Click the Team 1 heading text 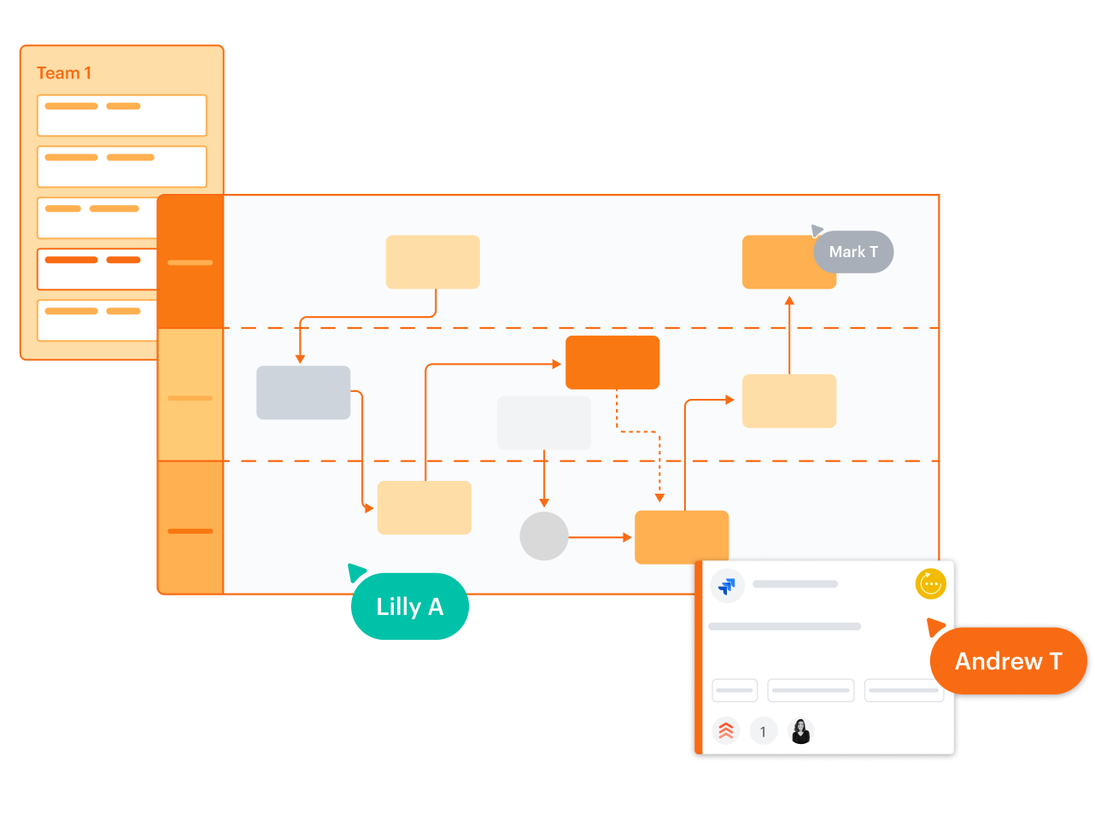(x=64, y=73)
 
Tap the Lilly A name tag (x=410, y=606)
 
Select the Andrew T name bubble (x=1008, y=661)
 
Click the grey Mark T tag (x=853, y=252)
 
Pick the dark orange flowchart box (x=612, y=362)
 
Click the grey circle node (x=544, y=536)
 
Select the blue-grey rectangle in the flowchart (x=303, y=392)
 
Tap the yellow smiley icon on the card (x=930, y=584)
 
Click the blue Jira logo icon (x=728, y=586)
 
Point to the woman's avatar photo (x=801, y=731)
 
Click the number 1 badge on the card (x=763, y=732)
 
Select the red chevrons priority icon (x=726, y=731)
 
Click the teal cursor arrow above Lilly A (x=356, y=571)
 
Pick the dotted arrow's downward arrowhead (x=659, y=496)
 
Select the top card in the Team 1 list (x=121, y=115)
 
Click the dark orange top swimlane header (x=190, y=262)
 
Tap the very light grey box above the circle (x=544, y=423)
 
